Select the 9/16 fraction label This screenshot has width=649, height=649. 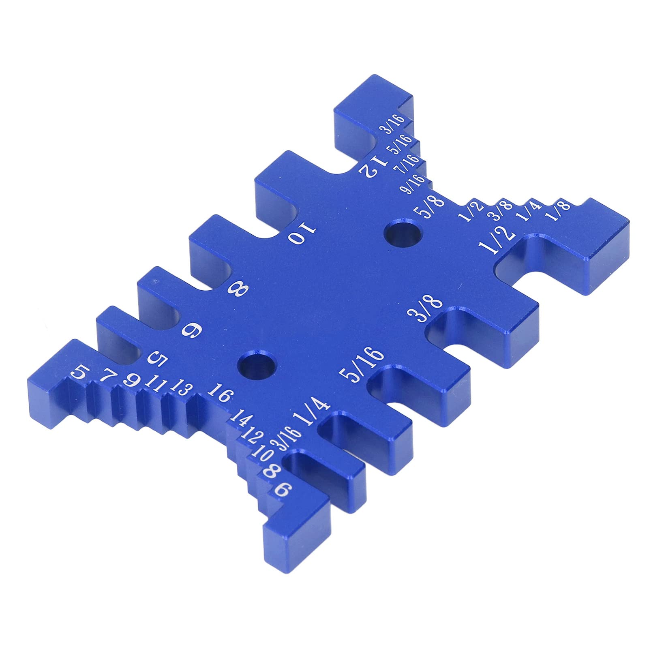click(x=412, y=184)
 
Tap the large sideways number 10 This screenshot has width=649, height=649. click(x=301, y=235)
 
